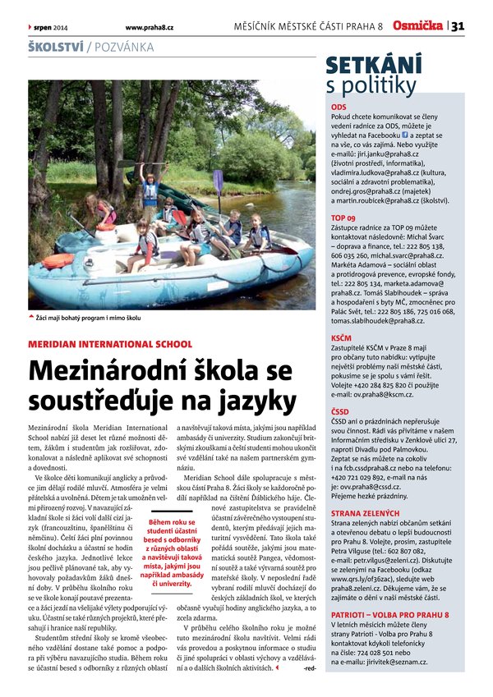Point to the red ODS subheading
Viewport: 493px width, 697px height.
(338, 108)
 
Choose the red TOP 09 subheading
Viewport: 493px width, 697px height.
(343, 218)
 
